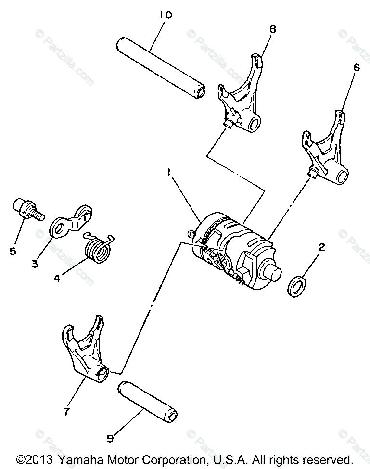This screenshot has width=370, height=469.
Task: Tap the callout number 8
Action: pyautogui.click(x=273, y=29)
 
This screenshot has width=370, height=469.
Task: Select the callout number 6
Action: pyautogui.click(x=356, y=68)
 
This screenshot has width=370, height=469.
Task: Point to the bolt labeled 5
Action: pyautogui.click(x=25, y=209)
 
